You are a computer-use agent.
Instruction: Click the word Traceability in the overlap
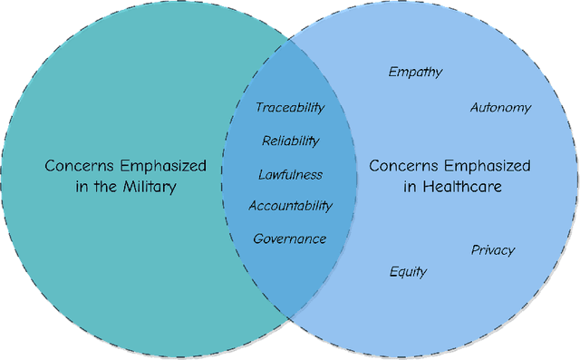tap(289, 108)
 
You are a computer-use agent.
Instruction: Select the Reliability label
tap(290, 141)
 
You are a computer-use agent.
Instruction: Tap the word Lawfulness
tap(290, 174)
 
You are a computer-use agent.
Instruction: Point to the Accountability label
tap(290, 206)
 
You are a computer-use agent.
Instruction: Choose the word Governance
tap(289, 239)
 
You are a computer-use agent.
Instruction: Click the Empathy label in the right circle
tap(415, 72)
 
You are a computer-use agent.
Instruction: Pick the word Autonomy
tap(500, 108)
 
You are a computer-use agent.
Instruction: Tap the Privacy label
tap(492, 250)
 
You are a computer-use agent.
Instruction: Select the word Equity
tap(408, 272)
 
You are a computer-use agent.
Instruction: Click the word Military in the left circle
tap(147, 188)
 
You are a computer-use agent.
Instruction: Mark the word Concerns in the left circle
tap(77, 166)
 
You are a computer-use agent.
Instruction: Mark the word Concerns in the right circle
tap(401, 166)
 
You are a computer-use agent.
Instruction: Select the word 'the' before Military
tap(101, 188)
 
